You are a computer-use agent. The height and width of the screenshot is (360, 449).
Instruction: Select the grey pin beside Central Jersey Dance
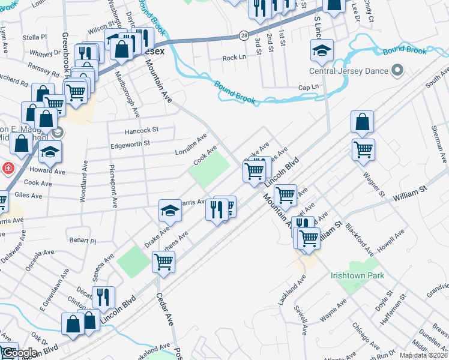coord(397,71)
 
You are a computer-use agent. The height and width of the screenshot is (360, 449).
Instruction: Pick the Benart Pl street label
coord(83,241)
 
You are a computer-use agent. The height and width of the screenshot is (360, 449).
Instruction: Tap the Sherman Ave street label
coord(436,145)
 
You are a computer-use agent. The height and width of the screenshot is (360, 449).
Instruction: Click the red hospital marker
coord(8,168)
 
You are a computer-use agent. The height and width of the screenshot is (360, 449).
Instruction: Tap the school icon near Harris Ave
coord(170,210)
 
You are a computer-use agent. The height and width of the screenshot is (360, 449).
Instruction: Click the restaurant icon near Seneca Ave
coord(103,296)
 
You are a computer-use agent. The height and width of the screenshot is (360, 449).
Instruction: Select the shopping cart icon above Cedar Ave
coord(163,262)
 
